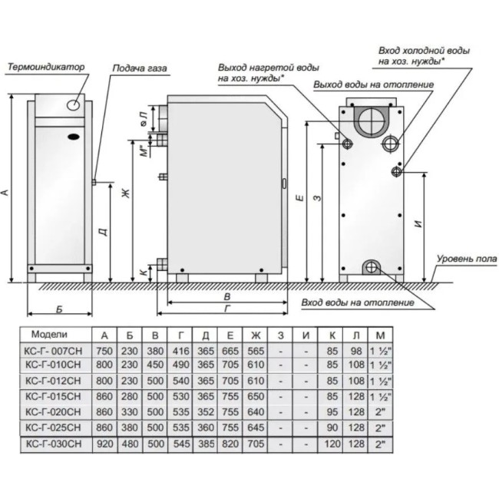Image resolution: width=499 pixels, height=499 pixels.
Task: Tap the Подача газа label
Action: [x=139, y=68]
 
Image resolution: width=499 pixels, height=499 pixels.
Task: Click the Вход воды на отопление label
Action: [x=358, y=302]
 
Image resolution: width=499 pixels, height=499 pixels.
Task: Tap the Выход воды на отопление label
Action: [x=374, y=84]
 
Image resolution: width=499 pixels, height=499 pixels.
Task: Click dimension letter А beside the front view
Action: [x=7, y=192]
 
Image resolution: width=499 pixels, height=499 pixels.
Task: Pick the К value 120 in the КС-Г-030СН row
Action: [x=332, y=444]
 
